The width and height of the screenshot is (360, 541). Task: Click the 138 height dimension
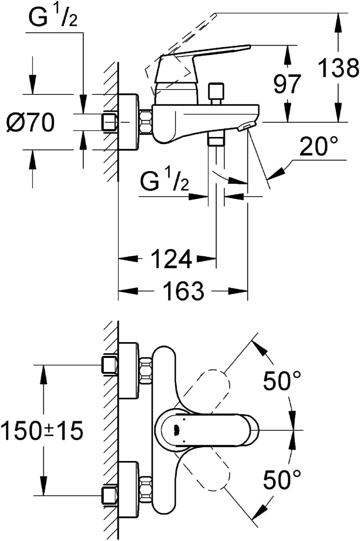click(338, 69)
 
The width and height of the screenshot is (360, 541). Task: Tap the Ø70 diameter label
click(30, 122)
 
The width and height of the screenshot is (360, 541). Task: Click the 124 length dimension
click(171, 260)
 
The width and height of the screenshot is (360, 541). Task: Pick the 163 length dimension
click(182, 292)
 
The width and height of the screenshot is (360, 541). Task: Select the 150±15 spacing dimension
click(42, 430)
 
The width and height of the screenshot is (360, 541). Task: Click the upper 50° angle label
click(282, 381)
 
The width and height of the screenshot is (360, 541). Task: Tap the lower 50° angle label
click(282, 480)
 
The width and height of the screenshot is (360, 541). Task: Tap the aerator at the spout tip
click(247, 127)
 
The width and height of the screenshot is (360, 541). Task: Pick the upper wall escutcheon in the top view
click(128, 371)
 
